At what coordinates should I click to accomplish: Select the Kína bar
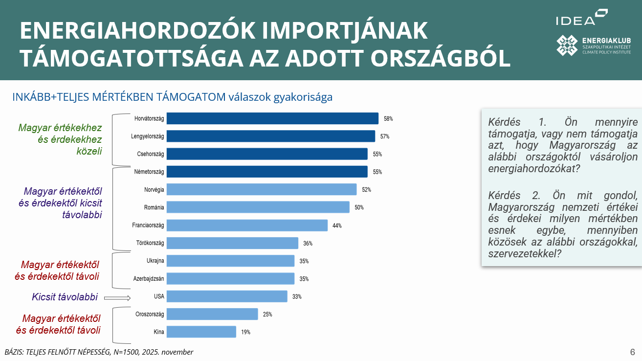coord(201,332)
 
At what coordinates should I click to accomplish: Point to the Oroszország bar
coord(212,314)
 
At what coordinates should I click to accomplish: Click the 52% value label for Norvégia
coord(367,189)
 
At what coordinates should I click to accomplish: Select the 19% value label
coord(245,332)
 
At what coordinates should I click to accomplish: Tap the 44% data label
coord(337,226)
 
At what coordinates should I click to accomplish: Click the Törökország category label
coord(150,243)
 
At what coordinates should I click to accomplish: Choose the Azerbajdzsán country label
coord(149,279)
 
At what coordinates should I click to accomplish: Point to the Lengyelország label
coord(148,136)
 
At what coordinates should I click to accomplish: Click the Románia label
coord(154,207)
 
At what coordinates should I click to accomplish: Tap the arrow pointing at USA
coord(117,297)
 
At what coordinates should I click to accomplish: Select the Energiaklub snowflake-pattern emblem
coord(567,45)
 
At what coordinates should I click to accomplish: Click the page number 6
coord(632,352)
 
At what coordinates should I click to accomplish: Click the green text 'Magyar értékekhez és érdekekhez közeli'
coord(60,139)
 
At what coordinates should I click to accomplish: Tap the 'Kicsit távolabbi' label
coord(65,297)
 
